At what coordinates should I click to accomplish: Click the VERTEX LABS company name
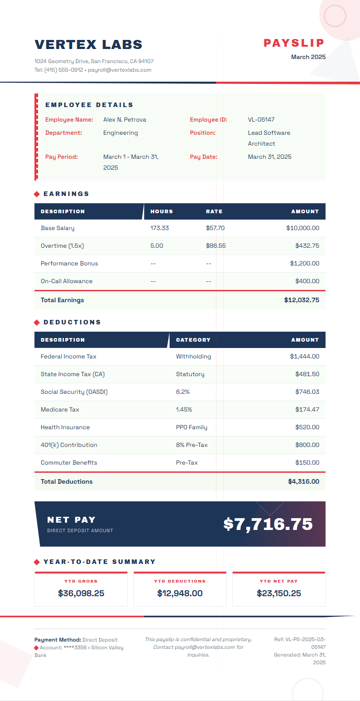tap(88, 44)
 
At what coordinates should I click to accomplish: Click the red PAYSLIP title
tap(294, 43)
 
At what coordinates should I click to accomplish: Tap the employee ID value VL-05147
tap(261, 120)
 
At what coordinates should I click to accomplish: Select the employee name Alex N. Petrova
tap(125, 120)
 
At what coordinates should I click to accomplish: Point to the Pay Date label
tap(204, 157)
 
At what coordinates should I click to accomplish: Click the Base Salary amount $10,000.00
tap(302, 228)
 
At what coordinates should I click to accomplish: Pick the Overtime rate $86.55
tap(215, 246)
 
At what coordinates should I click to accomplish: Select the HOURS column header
tap(161, 211)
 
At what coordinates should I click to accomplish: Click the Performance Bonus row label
tap(69, 264)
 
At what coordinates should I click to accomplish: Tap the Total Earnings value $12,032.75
tap(302, 300)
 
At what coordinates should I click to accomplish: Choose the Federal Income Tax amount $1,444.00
tap(304, 357)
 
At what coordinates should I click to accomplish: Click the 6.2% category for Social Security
tap(183, 392)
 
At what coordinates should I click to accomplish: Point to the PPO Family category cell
tap(191, 427)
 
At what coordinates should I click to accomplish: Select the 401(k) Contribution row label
tap(69, 445)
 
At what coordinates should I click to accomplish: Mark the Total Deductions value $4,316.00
tap(303, 481)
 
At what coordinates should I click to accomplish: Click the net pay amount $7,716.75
tap(268, 524)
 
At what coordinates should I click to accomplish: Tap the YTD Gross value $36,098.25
tap(81, 593)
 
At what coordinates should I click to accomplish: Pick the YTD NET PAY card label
tap(278, 581)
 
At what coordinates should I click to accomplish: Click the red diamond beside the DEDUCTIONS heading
tap(37, 323)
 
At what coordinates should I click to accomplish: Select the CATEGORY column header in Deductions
tap(193, 340)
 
